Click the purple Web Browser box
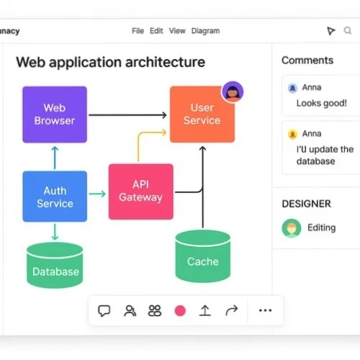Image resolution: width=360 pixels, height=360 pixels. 55,114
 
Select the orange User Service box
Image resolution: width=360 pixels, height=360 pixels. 202,114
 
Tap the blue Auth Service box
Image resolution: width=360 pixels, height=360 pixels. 55,196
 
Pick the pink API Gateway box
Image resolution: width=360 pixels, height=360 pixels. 140,191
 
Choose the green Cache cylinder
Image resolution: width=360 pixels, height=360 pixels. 202,256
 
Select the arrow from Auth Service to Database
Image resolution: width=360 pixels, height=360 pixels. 55,232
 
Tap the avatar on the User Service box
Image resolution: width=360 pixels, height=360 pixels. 233,91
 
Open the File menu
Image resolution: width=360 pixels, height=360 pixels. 138,31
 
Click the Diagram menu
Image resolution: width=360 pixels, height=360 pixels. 206,31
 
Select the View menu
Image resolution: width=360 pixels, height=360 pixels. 177,31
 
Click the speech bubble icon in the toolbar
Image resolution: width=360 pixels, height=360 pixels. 104,311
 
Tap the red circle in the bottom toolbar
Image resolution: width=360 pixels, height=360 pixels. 180,311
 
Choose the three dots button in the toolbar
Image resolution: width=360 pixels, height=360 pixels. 265,311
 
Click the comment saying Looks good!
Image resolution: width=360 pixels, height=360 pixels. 321,103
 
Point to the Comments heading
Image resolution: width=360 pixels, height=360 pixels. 307,60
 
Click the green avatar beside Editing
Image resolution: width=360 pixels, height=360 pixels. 290,228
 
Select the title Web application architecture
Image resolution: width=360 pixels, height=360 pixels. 110,62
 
